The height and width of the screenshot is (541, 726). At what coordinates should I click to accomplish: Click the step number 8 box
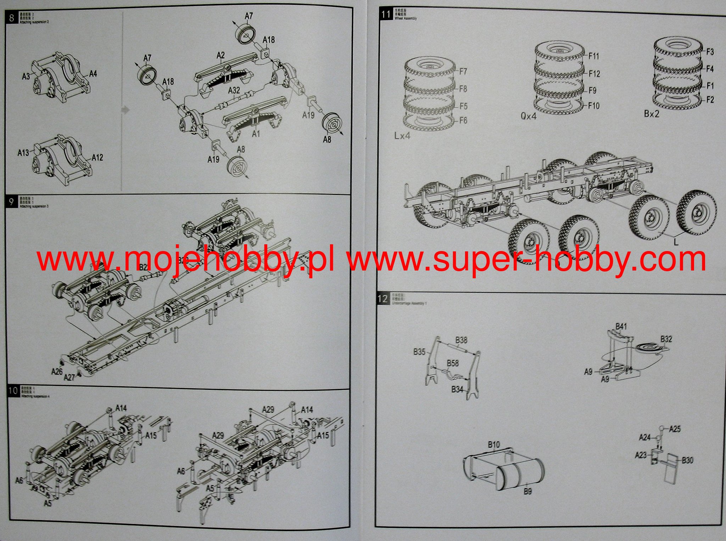12,18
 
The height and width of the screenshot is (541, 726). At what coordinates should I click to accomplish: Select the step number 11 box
385,15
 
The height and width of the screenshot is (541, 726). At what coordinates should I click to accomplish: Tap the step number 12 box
383,298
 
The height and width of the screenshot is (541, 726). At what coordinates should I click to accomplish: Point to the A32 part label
234,91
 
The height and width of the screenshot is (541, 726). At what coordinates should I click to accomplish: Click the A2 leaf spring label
220,55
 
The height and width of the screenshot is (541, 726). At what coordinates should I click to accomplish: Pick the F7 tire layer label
463,72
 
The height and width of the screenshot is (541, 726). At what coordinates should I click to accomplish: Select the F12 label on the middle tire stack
594,74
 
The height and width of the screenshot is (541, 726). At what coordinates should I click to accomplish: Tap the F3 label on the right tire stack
710,52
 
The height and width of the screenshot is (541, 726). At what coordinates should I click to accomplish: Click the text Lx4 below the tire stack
402,136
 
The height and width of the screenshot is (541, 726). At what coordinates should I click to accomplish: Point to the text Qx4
529,116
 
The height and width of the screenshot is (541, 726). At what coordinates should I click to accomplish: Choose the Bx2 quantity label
652,114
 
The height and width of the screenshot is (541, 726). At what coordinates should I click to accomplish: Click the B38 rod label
461,340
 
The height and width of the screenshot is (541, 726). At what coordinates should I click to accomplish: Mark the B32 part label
666,339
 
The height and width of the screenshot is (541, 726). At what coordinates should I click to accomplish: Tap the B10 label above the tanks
493,445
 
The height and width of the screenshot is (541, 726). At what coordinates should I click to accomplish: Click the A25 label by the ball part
675,429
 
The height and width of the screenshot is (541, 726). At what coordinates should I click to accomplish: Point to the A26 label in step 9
57,371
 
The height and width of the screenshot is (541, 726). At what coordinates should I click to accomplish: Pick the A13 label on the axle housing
23,153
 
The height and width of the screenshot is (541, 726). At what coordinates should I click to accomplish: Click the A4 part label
93,74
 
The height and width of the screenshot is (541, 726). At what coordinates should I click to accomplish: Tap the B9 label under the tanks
527,491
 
